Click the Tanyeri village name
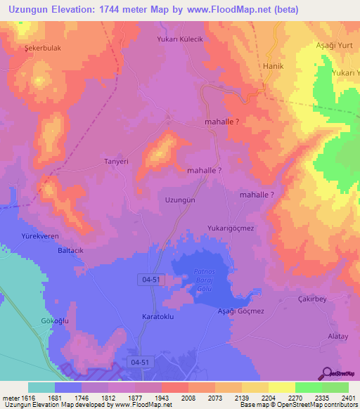coord(116,161)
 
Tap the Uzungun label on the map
coord(179,200)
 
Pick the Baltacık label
coord(71,250)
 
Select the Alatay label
coord(338,337)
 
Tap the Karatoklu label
coord(158,316)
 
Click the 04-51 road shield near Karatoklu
coord(150,280)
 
